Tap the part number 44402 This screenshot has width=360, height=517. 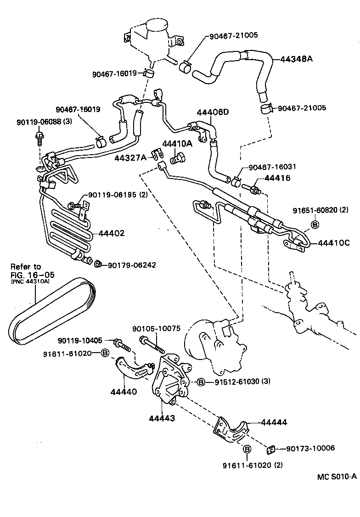click(112, 233)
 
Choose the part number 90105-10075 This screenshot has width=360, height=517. click(156, 328)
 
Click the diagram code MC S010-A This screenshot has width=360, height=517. click(337, 477)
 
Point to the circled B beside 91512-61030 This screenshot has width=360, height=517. click(201, 382)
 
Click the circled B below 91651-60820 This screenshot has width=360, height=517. click(315, 224)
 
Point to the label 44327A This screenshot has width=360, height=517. click(130, 157)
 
